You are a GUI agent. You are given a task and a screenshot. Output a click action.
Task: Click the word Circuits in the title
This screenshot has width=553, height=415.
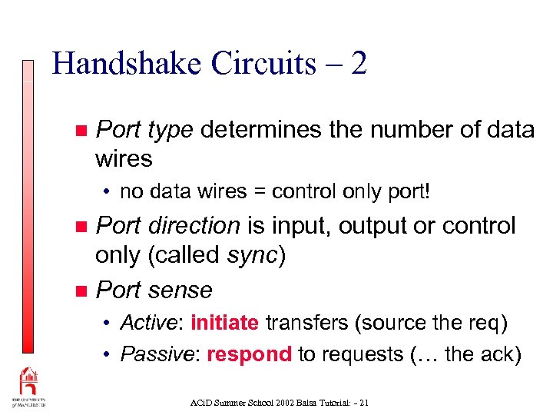247,64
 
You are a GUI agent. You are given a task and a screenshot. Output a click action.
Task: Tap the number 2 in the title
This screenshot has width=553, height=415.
358,64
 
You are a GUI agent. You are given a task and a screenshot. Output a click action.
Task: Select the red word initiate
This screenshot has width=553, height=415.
224,323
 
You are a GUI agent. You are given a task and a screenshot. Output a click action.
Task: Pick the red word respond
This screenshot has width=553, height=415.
249,354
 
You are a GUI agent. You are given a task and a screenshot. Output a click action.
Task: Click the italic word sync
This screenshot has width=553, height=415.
254,255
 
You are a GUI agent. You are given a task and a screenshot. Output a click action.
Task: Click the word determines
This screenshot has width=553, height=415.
261,131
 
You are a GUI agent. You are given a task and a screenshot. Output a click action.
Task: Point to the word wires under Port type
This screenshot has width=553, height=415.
124,159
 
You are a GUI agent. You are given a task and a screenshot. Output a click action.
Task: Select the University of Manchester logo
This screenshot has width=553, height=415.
28,387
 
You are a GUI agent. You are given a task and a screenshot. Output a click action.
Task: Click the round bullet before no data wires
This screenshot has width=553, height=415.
110,191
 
